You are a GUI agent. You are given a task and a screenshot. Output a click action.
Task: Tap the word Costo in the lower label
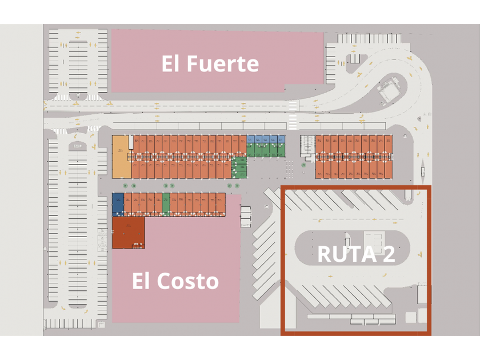tap(190, 281)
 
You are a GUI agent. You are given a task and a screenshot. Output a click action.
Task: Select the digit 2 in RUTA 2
tap(387, 254)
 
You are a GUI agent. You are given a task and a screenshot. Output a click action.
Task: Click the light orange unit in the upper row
tap(121, 156)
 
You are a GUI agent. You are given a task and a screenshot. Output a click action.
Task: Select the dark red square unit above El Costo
tap(128, 232)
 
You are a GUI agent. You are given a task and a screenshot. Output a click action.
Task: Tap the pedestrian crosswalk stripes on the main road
tap(293, 114)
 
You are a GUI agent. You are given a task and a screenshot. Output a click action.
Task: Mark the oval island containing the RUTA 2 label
tap(353, 253)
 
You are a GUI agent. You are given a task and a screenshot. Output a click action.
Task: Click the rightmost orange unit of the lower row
tap(221, 204)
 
